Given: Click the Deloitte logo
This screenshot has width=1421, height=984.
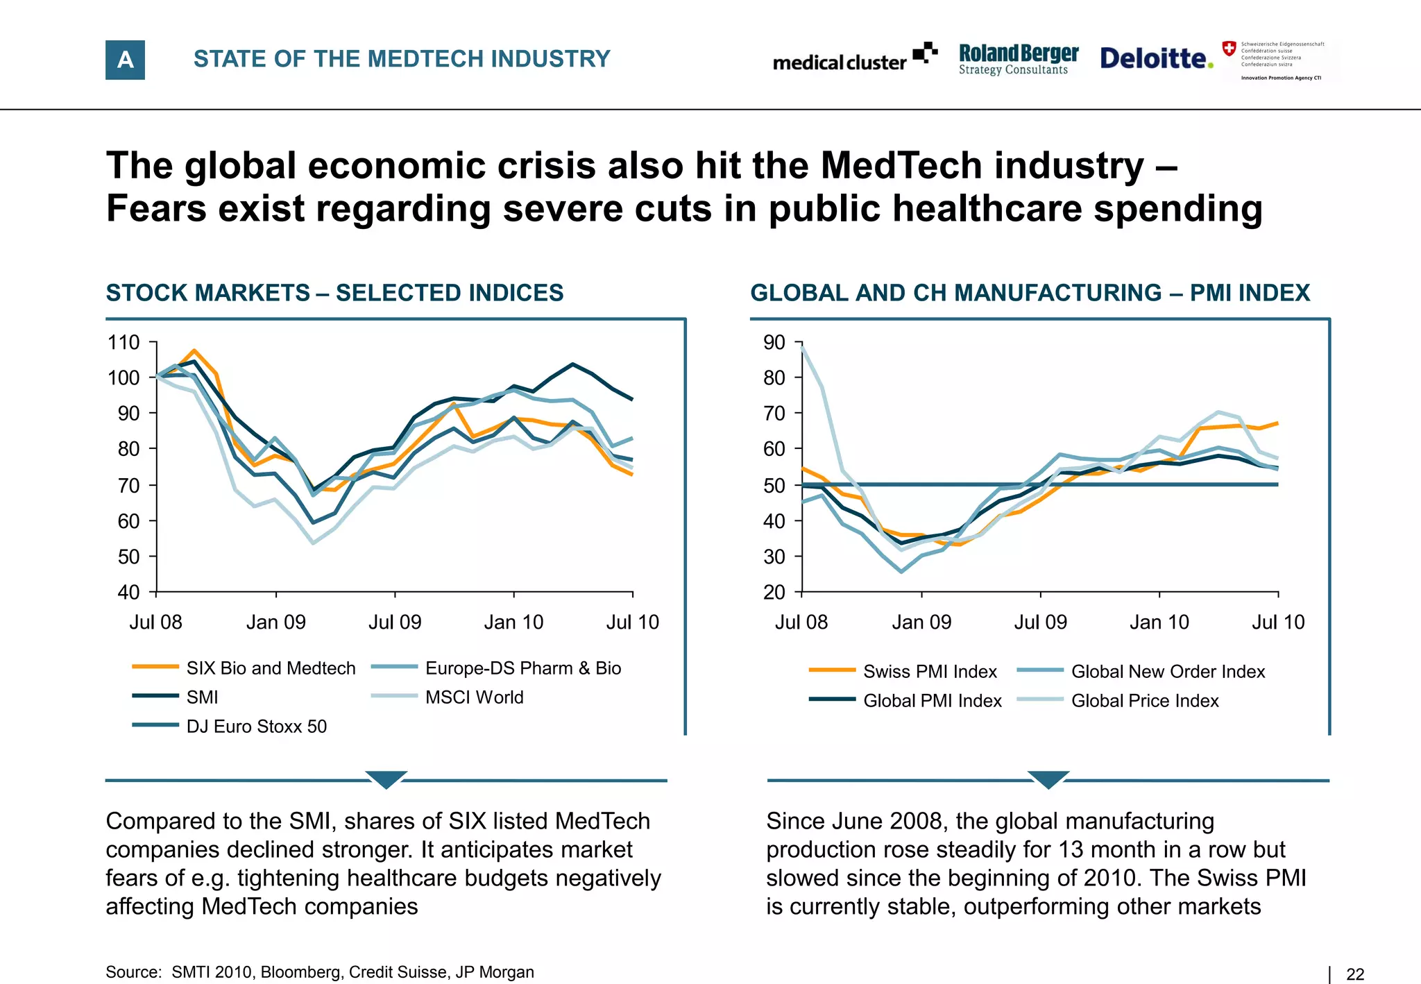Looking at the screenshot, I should pyautogui.click(x=1156, y=58).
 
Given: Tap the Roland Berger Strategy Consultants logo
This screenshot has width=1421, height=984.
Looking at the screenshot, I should pyautogui.click(x=1018, y=59).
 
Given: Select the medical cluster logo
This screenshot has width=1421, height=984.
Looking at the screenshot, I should pyautogui.click(x=854, y=59).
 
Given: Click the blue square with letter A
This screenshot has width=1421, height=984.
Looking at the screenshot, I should pyautogui.click(x=125, y=60).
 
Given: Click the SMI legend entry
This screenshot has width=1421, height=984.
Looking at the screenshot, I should pyautogui.click(x=201, y=697).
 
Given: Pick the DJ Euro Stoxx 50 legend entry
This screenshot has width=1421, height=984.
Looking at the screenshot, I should pyautogui.click(x=255, y=726).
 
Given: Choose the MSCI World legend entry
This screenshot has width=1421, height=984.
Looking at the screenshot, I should pyautogui.click(x=474, y=697).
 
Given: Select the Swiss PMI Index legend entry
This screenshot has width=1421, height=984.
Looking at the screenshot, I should pyautogui.click(x=930, y=671).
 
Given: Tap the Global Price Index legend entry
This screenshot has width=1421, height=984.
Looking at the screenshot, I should pyautogui.click(x=1144, y=700).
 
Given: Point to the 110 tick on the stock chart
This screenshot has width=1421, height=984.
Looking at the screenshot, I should pyautogui.click(x=124, y=342).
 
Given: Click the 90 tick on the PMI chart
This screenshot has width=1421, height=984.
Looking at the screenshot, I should pyautogui.click(x=774, y=342).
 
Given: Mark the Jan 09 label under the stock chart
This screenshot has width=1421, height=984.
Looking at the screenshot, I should pyautogui.click(x=275, y=622).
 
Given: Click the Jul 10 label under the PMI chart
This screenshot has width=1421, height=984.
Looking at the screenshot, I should pyautogui.click(x=1277, y=622).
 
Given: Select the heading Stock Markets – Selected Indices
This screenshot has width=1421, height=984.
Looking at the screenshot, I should pyautogui.click(x=334, y=293).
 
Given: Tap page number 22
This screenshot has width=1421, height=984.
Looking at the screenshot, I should pyautogui.click(x=1354, y=974).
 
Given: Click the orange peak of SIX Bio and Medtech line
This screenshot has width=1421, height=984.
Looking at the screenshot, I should pyautogui.click(x=194, y=350).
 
